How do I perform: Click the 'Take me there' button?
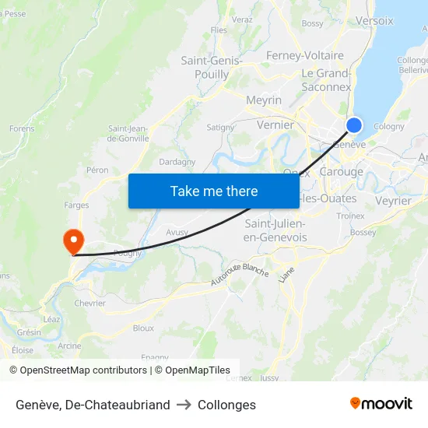coord(214,191)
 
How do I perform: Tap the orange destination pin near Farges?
coord(73,240)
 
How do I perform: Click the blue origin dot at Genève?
coord(354,125)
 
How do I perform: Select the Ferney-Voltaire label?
coord(304,56)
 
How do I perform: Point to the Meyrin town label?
coord(263,100)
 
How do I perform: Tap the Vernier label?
coord(275,125)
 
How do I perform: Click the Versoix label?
coord(374,21)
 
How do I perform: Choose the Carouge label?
coord(341,172)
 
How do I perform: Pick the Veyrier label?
coord(393,201)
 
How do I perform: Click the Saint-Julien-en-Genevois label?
coord(275,230)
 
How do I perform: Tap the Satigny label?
coord(220,127)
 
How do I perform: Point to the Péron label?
coord(98,170)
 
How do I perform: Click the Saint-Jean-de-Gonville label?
coord(128,134)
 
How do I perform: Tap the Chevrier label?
coord(89,303)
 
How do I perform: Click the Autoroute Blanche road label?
coord(240,275)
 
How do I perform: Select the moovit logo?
coord(381,404)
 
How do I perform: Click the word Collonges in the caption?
coord(226,405)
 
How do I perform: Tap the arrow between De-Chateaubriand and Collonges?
coord(184,405)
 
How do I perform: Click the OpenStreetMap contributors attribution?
coord(78,370)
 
